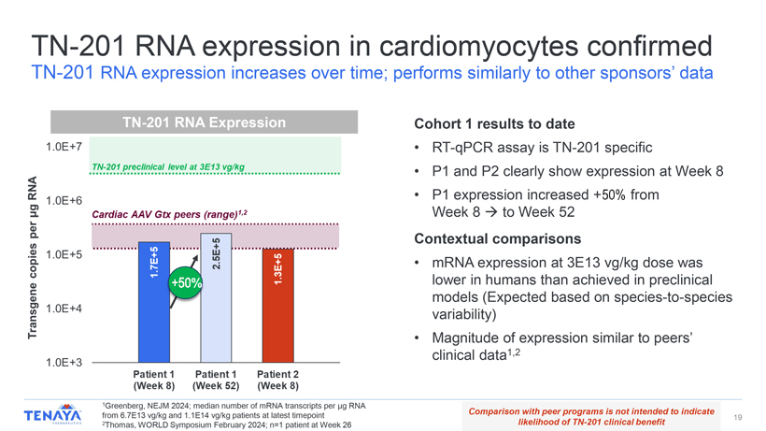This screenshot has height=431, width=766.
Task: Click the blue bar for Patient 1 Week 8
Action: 153,309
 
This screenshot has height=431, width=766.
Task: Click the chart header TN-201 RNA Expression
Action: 204,122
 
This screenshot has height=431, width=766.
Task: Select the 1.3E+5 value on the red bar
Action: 277,268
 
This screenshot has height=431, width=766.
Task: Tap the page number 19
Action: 737,416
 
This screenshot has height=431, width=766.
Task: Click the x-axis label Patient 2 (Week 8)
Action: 277,380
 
